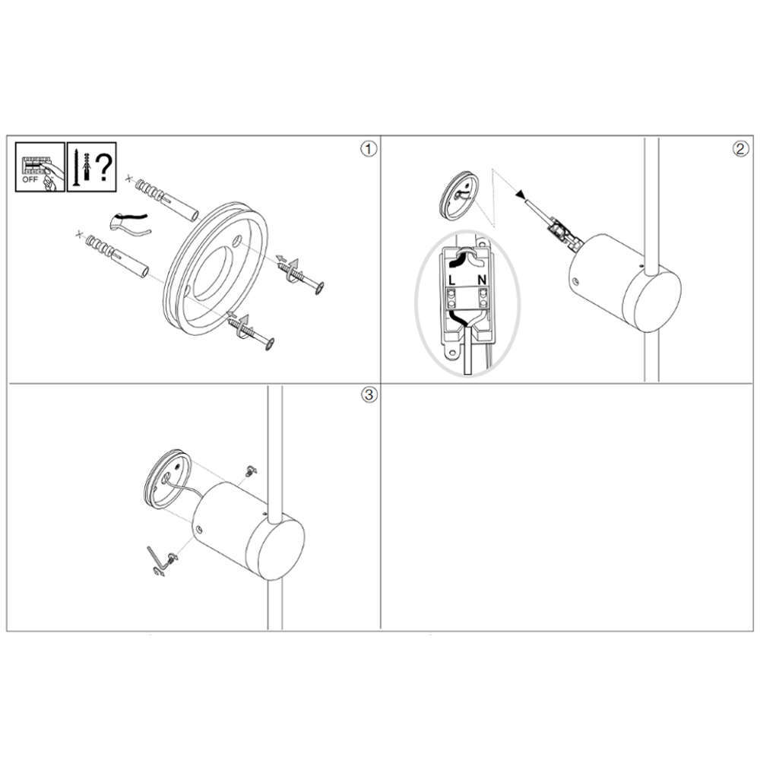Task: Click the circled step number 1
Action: click(369, 149)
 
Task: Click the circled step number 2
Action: click(740, 149)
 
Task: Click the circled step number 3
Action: click(369, 394)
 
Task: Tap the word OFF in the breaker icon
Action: click(30, 179)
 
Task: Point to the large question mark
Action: click(103, 167)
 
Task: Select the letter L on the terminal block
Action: click(451, 280)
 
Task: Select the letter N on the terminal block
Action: click(482, 280)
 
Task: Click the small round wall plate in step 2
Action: click(458, 195)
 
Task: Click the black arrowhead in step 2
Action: click(521, 195)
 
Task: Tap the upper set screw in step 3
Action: click(251, 470)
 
